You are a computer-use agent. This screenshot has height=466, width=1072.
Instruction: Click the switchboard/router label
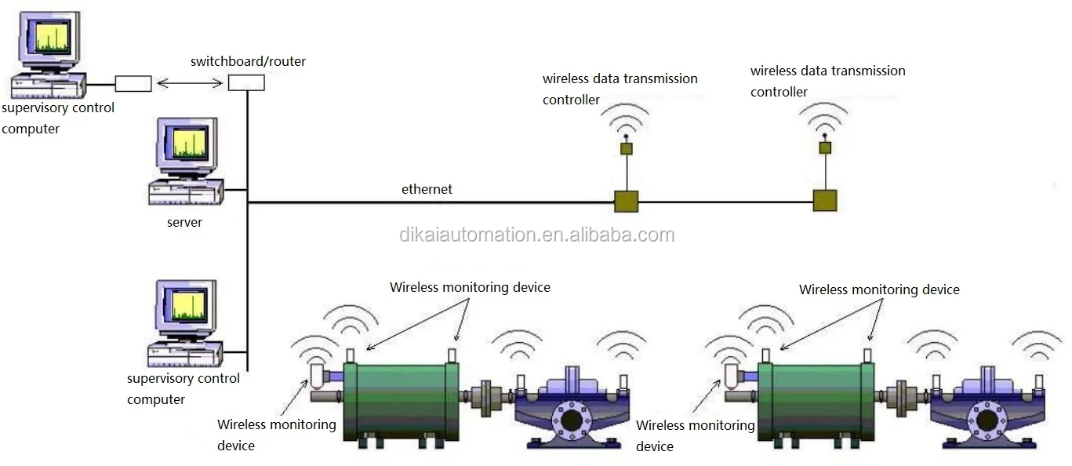pos(248,61)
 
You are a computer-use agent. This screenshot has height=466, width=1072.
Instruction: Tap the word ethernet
pos(427,189)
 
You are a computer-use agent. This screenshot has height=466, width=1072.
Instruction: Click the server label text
pos(184,222)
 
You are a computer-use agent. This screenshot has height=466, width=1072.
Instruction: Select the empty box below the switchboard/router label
pos(246,83)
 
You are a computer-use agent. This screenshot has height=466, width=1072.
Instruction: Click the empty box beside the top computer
pos(133,84)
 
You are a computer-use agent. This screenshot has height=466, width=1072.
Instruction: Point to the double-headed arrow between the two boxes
pos(190,84)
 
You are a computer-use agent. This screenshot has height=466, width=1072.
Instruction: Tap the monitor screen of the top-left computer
pos(53,37)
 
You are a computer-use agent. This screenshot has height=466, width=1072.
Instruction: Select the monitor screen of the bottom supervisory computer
pos(189,305)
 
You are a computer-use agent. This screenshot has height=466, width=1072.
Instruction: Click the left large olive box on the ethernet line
pos(626,202)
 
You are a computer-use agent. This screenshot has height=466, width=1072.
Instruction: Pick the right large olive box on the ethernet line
pos(825,201)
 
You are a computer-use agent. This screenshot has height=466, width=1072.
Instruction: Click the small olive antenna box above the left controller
pos(627,149)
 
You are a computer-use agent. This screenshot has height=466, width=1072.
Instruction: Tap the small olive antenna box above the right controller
pos(825,148)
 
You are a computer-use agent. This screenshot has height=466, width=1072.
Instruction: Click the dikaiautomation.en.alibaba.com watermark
pos(537,235)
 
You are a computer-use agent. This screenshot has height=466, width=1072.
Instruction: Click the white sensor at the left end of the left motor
pos(318,376)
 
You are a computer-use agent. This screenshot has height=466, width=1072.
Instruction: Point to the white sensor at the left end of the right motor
pos(732,376)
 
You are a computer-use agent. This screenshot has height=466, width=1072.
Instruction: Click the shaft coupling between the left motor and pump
pos(485,395)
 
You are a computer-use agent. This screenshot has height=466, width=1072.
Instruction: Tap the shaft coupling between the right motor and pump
pos(901,395)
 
